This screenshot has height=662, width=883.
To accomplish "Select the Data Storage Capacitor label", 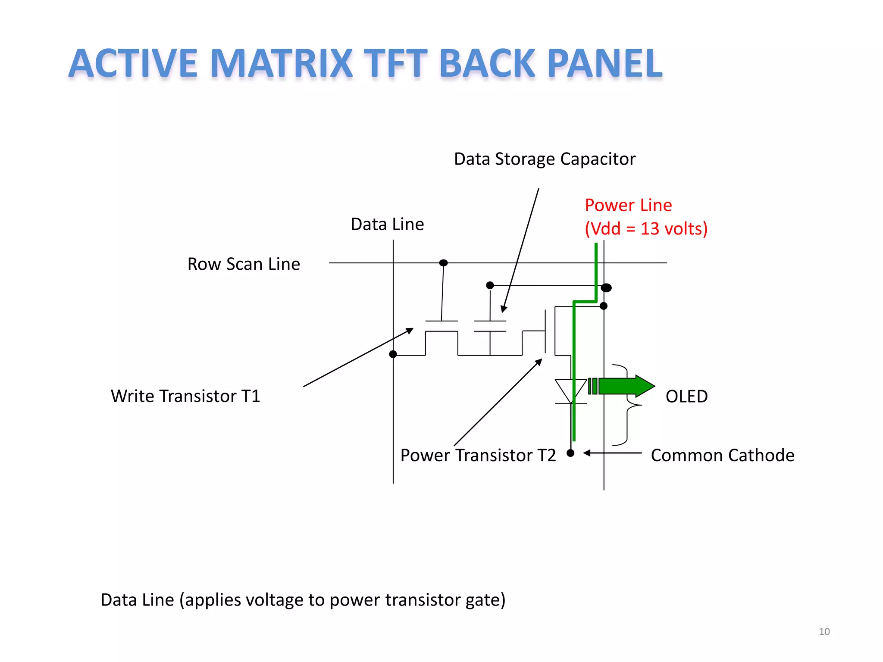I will coord(545,159).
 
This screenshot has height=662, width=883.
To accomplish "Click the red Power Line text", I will coord(628,205).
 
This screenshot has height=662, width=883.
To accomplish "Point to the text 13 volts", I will coord(674,229).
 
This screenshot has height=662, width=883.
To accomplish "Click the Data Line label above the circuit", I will coord(387,224).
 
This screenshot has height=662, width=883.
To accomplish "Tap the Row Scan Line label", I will coord(244,264).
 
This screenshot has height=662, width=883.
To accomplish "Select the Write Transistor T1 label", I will coord(185,396).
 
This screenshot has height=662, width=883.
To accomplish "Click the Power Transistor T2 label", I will coord(478,455).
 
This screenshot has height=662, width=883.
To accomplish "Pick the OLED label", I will coord(686,396).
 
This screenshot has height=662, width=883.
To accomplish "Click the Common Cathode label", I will coord(722,455).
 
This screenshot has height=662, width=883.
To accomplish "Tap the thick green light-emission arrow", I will coord(625,386).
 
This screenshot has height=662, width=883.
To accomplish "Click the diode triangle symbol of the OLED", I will coord(570,390).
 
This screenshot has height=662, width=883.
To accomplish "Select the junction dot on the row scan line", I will coord(443,263).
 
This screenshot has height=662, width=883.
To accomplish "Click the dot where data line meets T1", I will coord(393,354).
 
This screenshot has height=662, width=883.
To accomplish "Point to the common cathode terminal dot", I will coord(570,453).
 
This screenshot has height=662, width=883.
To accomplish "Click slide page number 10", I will coord(824,631).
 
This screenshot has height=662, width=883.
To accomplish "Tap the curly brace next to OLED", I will coord(627,405).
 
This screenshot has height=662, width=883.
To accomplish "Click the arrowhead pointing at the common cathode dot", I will coord(587,453).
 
